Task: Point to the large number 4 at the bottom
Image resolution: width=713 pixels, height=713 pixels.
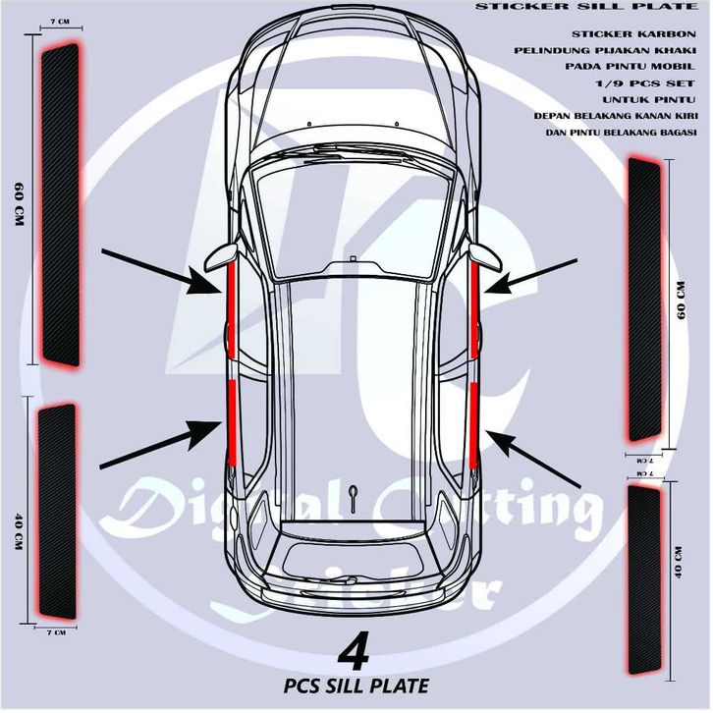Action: tap(354, 653)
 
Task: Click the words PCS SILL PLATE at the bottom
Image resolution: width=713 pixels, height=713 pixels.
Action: tap(355, 685)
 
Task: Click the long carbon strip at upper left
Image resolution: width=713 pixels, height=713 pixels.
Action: tap(59, 204)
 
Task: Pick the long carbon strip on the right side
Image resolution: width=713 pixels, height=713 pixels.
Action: tap(645, 299)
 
